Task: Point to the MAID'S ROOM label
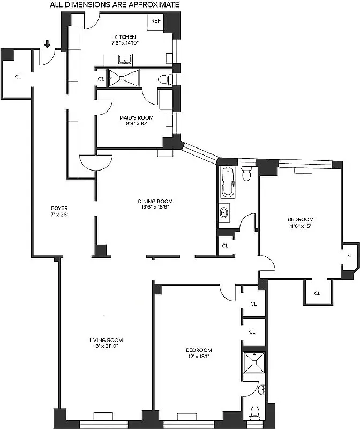click(x=136, y=117)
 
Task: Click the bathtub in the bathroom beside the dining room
click(x=227, y=182)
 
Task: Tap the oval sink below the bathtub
click(x=225, y=212)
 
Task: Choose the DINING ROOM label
click(x=157, y=202)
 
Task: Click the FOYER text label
click(x=59, y=208)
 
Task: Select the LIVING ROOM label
click(x=106, y=340)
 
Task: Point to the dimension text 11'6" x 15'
click(x=300, y=226)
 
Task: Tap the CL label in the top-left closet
click(x=18, y=77)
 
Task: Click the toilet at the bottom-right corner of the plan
click(x=255, y=412)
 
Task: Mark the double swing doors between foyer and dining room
click(x=96, y=160)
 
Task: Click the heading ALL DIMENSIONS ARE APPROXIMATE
click(x=115, y=5)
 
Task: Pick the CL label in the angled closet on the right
click(x=350, y=256)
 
